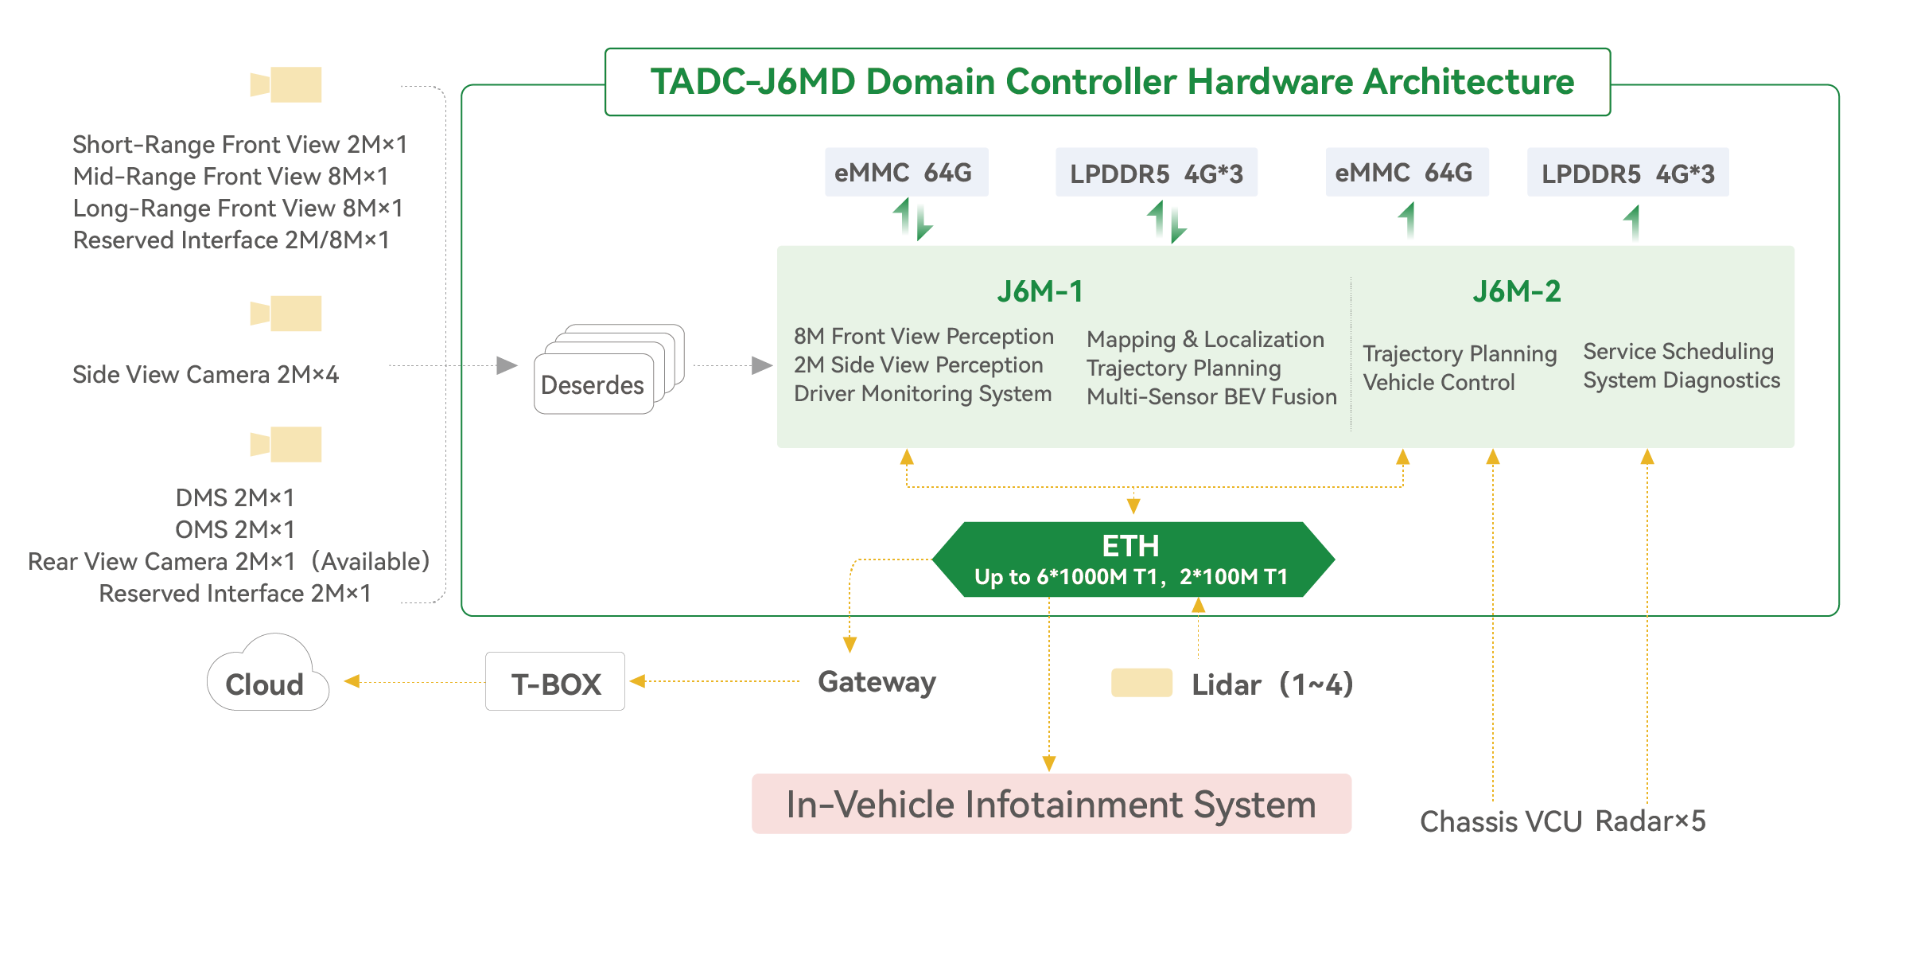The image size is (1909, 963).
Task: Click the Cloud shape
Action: (x=266, y=676)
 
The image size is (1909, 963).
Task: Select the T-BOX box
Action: (x=555, y=682)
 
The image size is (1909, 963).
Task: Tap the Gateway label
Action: (x=877, y=682)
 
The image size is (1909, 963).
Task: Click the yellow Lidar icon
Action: (x=1141, y=683)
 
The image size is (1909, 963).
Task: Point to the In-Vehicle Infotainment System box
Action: (x=1051, y=804)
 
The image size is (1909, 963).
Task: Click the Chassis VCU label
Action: (x=1500, y=821)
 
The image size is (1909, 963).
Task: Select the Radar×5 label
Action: (x=1650, y=821)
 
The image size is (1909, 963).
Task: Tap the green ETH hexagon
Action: (x=1133, y=559)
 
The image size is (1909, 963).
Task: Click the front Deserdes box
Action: (x=593, y=385)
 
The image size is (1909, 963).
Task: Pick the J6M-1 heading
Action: (x=1040, y=292)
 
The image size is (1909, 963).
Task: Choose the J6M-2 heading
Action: (x=1516, y=292)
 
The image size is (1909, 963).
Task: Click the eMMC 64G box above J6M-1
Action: (x=905, y=172)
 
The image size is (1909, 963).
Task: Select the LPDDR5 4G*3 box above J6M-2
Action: (x=1627, y=173)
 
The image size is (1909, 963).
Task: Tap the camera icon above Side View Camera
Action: (x=286, y=314)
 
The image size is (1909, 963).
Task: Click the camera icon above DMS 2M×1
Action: (x=286, y=444)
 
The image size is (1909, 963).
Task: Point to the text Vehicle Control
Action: (x=1438, y=383)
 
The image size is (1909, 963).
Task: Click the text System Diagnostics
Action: (x=1681, y=380)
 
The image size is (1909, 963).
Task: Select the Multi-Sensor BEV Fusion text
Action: (x=1211, y=397)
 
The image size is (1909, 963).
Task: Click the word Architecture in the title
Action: (x=1468, y=81)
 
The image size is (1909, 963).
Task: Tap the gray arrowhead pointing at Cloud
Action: (x=352, y=681)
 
